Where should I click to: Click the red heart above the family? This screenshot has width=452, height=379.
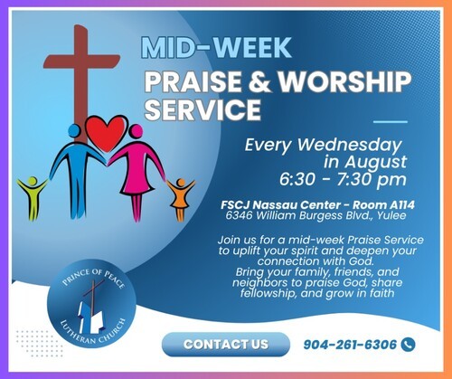(x=106, y=133)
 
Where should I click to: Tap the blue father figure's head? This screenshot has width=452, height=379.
(x=74, y=130)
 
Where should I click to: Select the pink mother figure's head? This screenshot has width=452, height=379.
(x=136, y=131)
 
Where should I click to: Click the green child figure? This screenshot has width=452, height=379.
(x=33, y=197)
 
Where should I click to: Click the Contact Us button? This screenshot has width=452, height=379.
(x=226, y=345)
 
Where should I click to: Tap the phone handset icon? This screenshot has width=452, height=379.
(x=409, y=345)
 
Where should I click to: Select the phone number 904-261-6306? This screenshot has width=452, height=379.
(x=350, y=345)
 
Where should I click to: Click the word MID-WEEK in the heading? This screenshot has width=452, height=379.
(x=216, y=48)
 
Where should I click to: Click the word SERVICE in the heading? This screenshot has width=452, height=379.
(x=202, y=109)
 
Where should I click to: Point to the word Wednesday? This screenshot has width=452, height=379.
(x=350, y=146)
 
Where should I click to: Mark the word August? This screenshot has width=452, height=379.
(x=375, y=163)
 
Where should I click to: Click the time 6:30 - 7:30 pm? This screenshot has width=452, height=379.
(x=343, y=179)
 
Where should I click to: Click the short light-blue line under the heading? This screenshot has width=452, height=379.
(x=391, y=122)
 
